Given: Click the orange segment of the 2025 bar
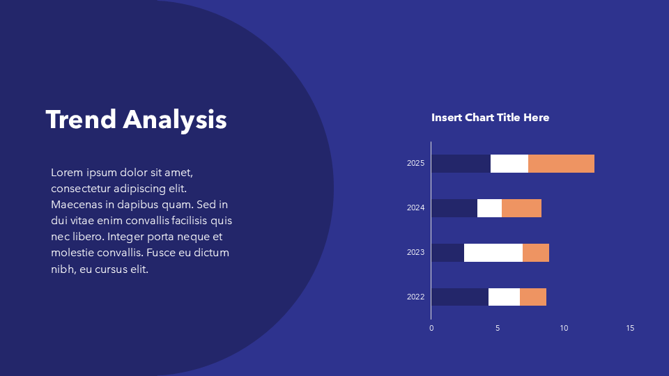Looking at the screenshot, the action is tap(561, 164).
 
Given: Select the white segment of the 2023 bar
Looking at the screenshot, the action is tap(493, 253).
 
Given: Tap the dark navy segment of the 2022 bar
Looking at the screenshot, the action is tap(460, 297).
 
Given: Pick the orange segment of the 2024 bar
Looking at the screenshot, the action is tap(521, 208).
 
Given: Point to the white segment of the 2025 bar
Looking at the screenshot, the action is tap(509, 164).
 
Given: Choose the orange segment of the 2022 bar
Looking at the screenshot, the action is tap(533, 297).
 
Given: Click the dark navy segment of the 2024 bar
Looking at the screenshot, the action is tap(454, 208).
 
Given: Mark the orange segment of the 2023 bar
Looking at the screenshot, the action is tap(536, 253).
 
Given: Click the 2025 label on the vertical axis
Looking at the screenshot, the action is tap(415, 163).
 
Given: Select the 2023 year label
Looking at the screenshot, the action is tap(415, 252).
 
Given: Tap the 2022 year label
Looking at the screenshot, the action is tap(415, 297).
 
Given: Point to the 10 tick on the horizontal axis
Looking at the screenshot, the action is tap(564, 328).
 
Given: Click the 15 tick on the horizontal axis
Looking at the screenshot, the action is tap(630, 328).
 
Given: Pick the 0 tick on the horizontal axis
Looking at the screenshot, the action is tap(431, 328).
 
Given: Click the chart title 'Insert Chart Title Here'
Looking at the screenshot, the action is tap(490, 118).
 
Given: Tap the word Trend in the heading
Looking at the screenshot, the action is tap(81, 119).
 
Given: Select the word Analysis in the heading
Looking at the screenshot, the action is tap(175, 120).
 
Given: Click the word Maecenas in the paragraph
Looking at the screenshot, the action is tap(77, 205).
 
